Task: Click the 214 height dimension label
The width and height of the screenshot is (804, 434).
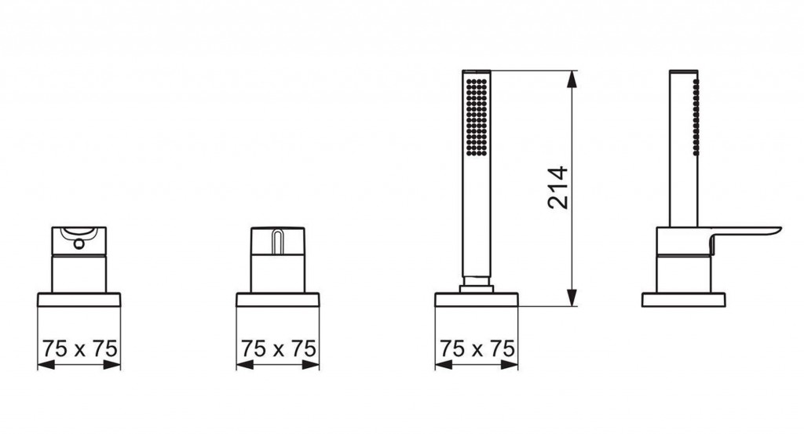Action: (558, 188)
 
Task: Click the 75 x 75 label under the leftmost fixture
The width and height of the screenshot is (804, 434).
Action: (79, 348)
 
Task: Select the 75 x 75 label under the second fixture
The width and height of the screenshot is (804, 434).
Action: (279, 348)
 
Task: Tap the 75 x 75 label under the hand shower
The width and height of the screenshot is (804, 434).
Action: (477, 348)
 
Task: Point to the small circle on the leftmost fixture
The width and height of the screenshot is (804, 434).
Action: (79, 244)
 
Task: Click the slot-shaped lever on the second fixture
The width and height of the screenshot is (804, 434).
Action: (277, 242)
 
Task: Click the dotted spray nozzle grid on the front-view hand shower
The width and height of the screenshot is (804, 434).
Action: (477, 116)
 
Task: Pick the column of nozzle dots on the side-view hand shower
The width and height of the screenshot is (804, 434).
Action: (696, 117)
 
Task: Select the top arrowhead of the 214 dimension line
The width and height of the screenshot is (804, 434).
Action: (572, 78)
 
